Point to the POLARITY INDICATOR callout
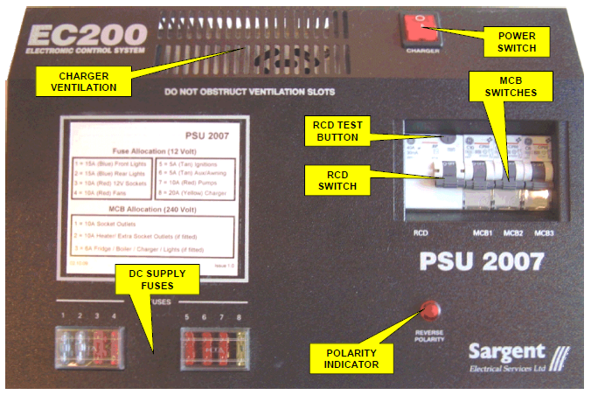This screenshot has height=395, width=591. [x=350, y=357]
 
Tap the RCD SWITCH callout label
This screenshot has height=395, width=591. [x=336, y=180]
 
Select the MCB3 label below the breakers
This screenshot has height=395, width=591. [x=543, y=232]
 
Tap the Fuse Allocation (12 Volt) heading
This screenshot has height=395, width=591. [x=152, y=150]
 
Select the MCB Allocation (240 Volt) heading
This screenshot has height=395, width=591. [x=152, y=210]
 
